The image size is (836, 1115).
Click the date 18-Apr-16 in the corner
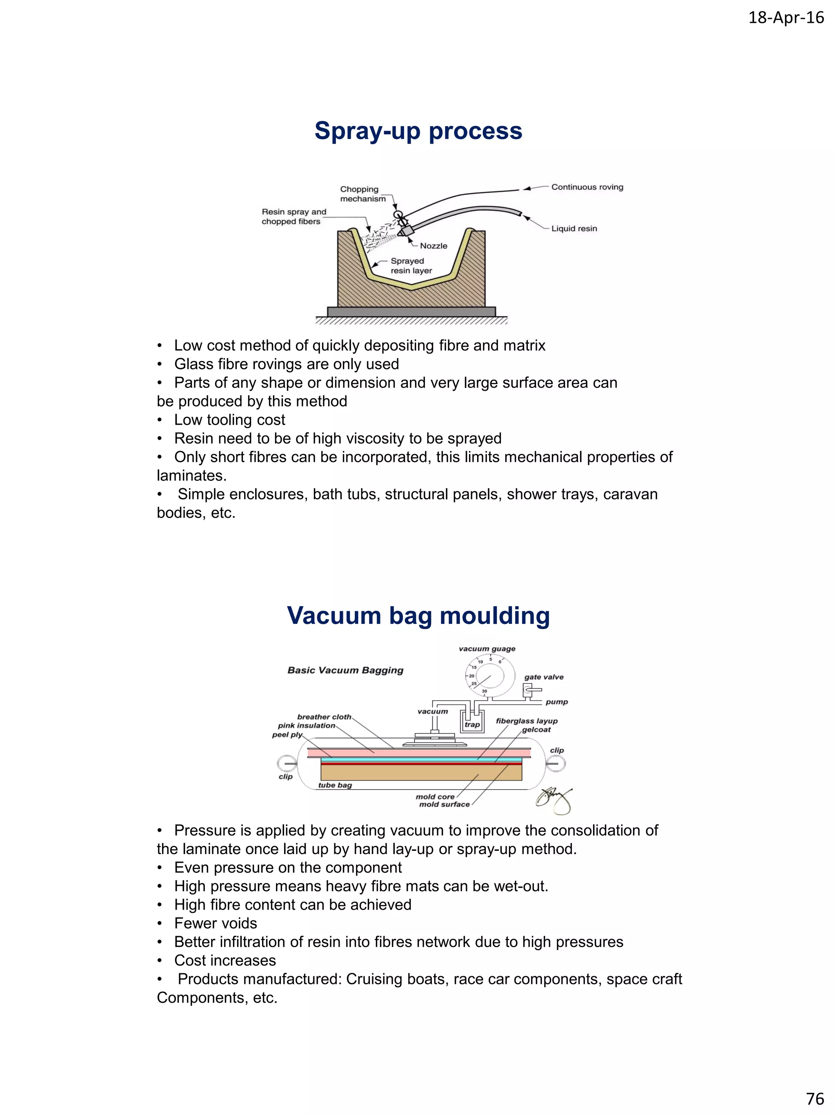coord(786,18)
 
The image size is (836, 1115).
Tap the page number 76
coord(815,1098)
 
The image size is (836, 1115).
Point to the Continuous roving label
coord(587,187)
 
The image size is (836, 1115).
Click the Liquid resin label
coord(574,228)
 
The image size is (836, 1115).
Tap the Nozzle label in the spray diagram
coord(434,246)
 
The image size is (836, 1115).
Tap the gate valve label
coord(543,677)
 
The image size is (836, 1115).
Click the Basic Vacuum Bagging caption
coord(345,670)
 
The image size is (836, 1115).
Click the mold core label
coord(434,797)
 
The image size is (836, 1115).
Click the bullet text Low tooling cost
coord(229,420)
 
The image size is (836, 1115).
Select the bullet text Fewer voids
coord(215,924)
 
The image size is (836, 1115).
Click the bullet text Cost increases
coord(225,961)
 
